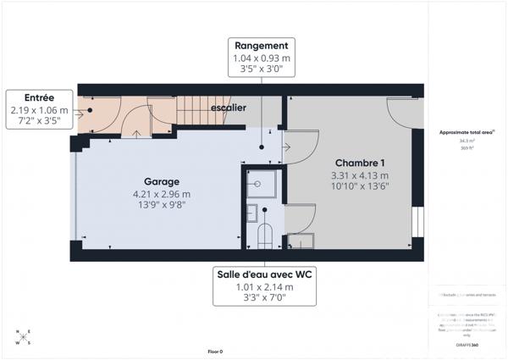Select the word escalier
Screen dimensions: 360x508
click(x=229, y=108)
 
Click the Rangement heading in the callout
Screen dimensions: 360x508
click(x=261, y=46)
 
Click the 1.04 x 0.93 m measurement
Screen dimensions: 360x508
click(x=261, y=58)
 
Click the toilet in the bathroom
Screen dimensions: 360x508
click(x=264, y=235)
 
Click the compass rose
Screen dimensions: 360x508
click(x=23, y=337)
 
